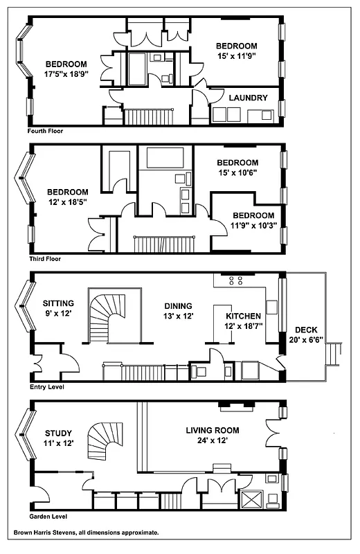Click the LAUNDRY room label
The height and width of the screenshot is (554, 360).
pyautogui.click(x=247, y=98)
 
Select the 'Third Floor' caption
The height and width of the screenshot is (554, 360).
pyautogui.click(x=45, y=259)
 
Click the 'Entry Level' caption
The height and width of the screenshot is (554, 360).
pyautogui.click(x=46, y=387)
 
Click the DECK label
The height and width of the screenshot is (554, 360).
pyautogui.click(x=307, y=330)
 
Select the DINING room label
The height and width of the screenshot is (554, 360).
pyautogui.click(x=178, y=305)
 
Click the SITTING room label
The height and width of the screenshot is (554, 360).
pyautogui.click(x=58, y=303)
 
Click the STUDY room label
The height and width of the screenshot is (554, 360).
pyautogui.click(x=57, y=434)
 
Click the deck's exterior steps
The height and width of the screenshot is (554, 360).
pyautogui.click(x=335, y=354)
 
